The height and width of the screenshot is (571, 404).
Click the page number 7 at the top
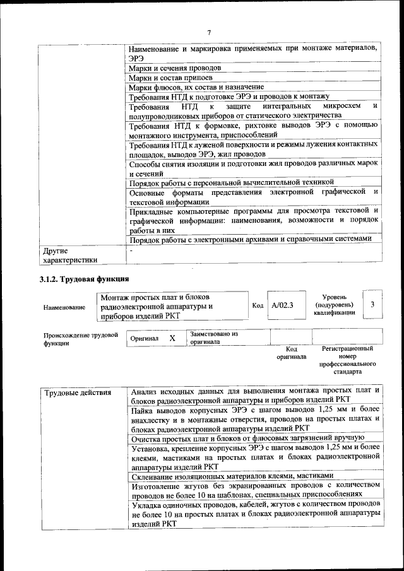coord(209,32)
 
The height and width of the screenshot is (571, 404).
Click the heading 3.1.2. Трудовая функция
coord(84,280)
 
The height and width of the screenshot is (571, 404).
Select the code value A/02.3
coord(282,305)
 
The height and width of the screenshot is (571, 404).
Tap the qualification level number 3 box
coord(372,305)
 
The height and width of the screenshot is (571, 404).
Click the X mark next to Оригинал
coord(172,338)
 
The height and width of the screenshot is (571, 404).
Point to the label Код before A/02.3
coord(258,305)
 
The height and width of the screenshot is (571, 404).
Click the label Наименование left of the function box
coord(64,307)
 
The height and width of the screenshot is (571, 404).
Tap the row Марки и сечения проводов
coord(175,68)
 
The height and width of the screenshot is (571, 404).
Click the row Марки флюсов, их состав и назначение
coord(196,86)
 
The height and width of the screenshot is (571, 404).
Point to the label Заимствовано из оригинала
coord(213,338)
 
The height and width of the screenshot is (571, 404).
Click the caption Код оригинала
coord(291,353)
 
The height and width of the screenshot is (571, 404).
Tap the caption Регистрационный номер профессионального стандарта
coord(347,360)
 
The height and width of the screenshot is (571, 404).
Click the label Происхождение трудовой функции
coord(81,339)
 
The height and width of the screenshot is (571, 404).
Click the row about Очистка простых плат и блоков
coord(247,437)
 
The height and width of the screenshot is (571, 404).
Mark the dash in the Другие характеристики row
coord(131,250)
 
